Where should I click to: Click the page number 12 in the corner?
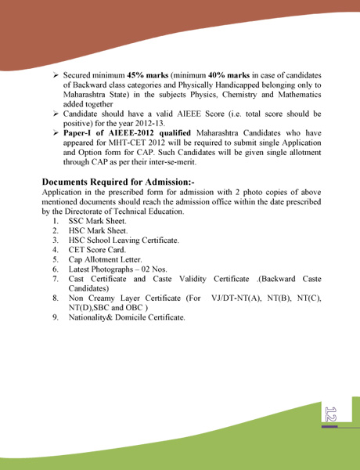pyautogui.click(x=329, y=414)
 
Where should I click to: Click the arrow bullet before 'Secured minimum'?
pyautogui.click(x=56, y=75)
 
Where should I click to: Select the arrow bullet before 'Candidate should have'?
pyautogui.click(x=56, y=114)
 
